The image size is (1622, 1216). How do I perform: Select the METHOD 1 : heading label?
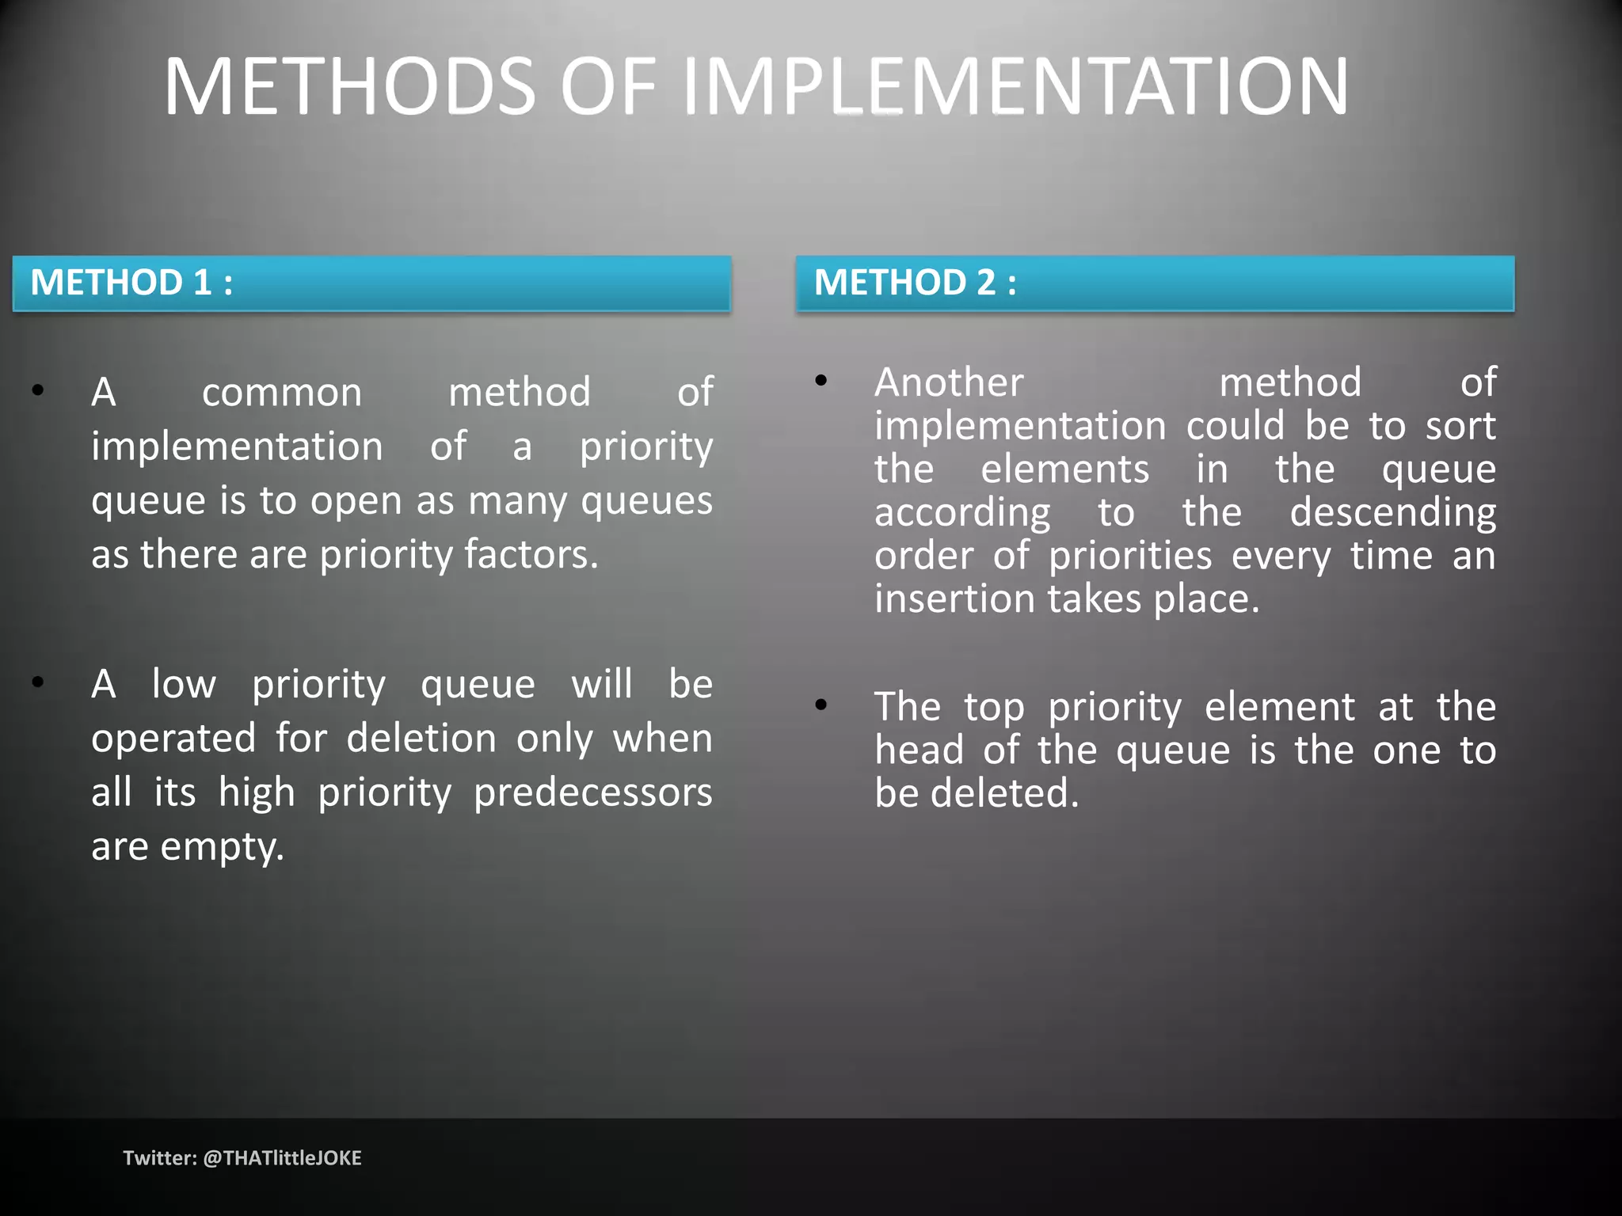click(131, 283)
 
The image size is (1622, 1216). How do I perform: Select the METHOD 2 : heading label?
click(916, 283)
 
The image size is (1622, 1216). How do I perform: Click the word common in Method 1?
click(282, 393)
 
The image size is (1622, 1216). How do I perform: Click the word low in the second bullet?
click(184, 684)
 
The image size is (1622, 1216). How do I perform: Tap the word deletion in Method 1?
click(421, 739)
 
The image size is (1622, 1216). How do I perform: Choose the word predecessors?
click(593, 793)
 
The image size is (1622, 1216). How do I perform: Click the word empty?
click(223, 848)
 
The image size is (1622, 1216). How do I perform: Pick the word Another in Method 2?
click(949, 383)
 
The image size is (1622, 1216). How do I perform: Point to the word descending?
click(1393, 513)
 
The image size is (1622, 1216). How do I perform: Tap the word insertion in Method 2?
click(954, 599)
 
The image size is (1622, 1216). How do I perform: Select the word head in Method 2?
click(919, 750)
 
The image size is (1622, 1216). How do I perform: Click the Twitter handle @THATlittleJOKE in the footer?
click(282, 1158)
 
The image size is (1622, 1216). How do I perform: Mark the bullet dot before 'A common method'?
click(38, 389)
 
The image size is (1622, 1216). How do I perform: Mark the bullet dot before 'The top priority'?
click(821, 705)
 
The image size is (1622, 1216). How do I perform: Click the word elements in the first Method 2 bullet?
click(1064, 469)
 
